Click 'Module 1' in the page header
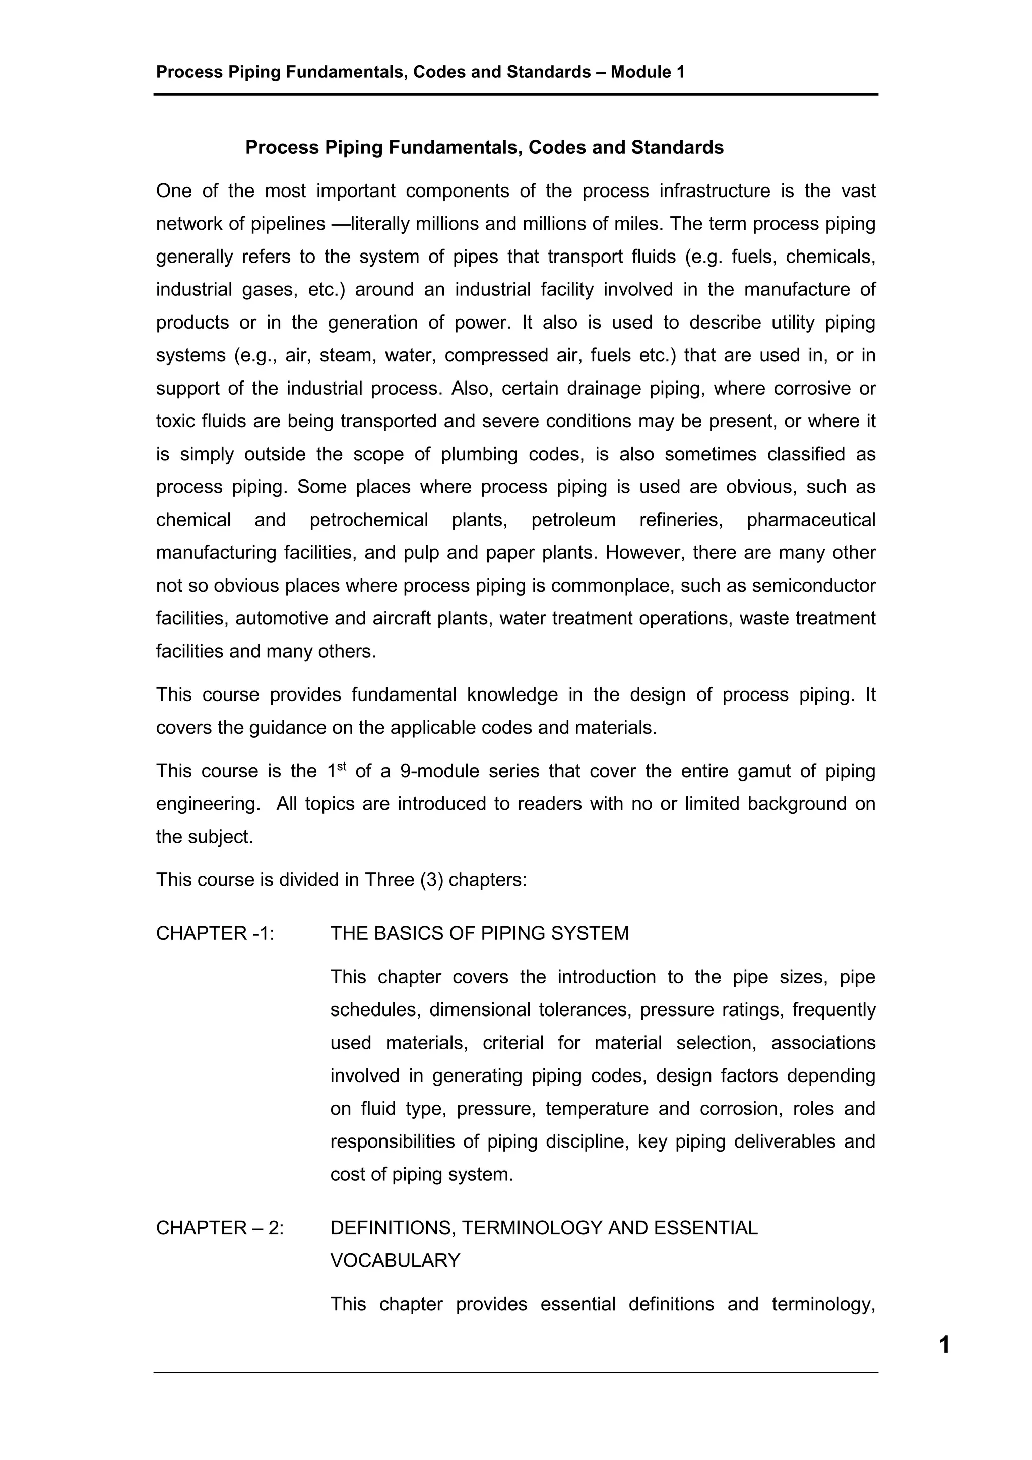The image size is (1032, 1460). coord(648,72)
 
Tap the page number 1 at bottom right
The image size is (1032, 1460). coord(944,1345)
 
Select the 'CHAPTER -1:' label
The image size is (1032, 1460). coord(215,933)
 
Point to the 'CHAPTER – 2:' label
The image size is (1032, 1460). coord(219,1228)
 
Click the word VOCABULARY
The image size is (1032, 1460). coord(395,1260)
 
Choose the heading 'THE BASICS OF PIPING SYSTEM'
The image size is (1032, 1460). coord(479,933)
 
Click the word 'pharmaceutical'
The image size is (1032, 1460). coord(811,520)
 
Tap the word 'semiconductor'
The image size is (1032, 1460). coord(814,586)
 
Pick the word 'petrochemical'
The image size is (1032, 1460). coord(369,520)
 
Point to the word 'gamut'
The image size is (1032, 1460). coord(763,772)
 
